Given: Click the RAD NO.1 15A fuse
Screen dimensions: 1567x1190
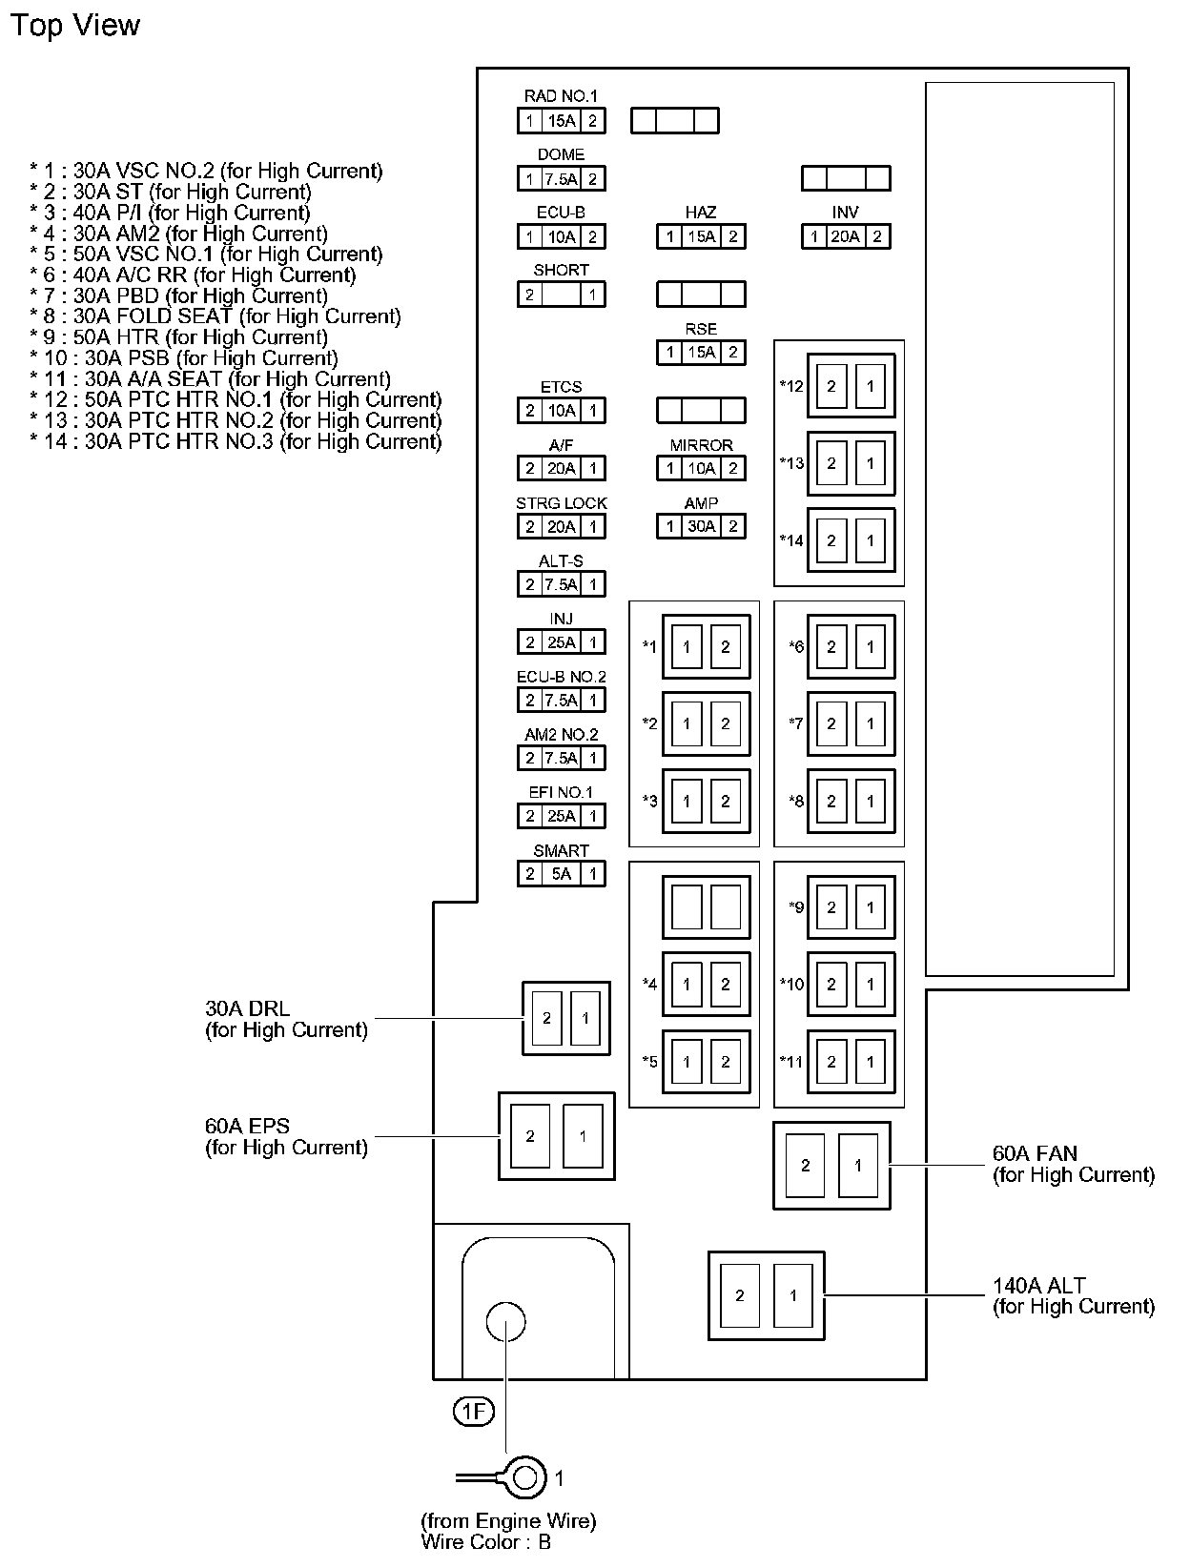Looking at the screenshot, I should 561,121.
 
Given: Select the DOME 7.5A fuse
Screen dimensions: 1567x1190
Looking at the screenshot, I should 561,179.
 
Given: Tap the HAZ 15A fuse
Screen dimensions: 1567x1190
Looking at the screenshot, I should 701,237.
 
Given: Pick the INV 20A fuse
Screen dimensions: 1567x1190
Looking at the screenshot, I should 846,237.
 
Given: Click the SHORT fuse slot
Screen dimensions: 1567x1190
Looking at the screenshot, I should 561,295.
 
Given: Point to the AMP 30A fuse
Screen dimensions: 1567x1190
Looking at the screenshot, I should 701,526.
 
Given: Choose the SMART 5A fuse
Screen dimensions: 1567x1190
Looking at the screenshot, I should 561,874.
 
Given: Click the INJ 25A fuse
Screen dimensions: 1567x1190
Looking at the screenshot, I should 561,642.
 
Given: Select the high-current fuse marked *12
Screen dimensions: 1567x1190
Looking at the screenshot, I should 851,386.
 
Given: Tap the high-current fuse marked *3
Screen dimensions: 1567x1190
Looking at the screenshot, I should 706,802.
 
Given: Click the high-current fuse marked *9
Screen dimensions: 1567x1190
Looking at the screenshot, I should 851,907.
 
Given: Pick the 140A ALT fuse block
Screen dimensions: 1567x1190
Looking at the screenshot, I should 766,1295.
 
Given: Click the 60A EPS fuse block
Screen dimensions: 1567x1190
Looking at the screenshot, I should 556,1136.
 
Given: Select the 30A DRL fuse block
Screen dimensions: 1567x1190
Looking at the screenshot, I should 565,1018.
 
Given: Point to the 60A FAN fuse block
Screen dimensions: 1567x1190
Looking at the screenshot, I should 831,1165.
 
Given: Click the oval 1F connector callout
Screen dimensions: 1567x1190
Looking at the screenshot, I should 473,1412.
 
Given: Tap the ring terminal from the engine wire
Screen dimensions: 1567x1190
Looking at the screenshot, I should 523,1478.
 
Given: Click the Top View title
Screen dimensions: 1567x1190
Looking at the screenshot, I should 74,26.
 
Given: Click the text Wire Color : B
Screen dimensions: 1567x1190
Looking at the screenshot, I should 485,1541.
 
